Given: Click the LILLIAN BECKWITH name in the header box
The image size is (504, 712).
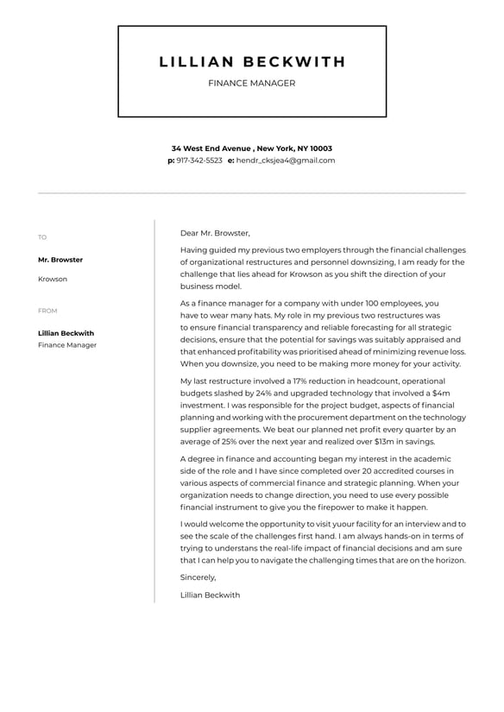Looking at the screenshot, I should pyautogui.click(x=252, y=62).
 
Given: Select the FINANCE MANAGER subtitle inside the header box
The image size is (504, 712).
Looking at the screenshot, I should pyautogui.click(x=252, y=84).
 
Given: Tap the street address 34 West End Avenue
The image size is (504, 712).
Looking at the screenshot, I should pyautogui.click(x=211, y=148).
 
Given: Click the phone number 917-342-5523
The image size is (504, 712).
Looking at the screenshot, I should pyautogui.click(x=199, y=161).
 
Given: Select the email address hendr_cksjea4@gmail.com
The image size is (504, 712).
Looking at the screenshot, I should pyautogui.click(x=285, y=161).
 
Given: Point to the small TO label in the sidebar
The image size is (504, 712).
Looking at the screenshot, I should pyautogui.click(x=42, y=237).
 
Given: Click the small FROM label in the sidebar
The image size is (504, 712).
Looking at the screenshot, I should pyautogui.click(x=47, y=311).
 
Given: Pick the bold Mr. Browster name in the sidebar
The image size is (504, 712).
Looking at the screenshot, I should pyautogui.click(x=60, y=260).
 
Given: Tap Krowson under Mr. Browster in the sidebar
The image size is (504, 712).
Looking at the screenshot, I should pyautogui.click(x=53, y=279).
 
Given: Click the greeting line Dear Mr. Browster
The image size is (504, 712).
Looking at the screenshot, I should pyautogui.click(x=215, y=233).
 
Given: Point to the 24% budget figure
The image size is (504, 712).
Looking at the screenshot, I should pyautogui.click(x=266, y=393).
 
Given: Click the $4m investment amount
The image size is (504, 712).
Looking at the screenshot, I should pyautogui.click(x=440, y=393).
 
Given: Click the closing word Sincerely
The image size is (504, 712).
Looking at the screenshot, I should pyautogui.click(x=198, y=577).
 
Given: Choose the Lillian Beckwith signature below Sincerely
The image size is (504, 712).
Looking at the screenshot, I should pyautogui.click(x=211, y=595).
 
